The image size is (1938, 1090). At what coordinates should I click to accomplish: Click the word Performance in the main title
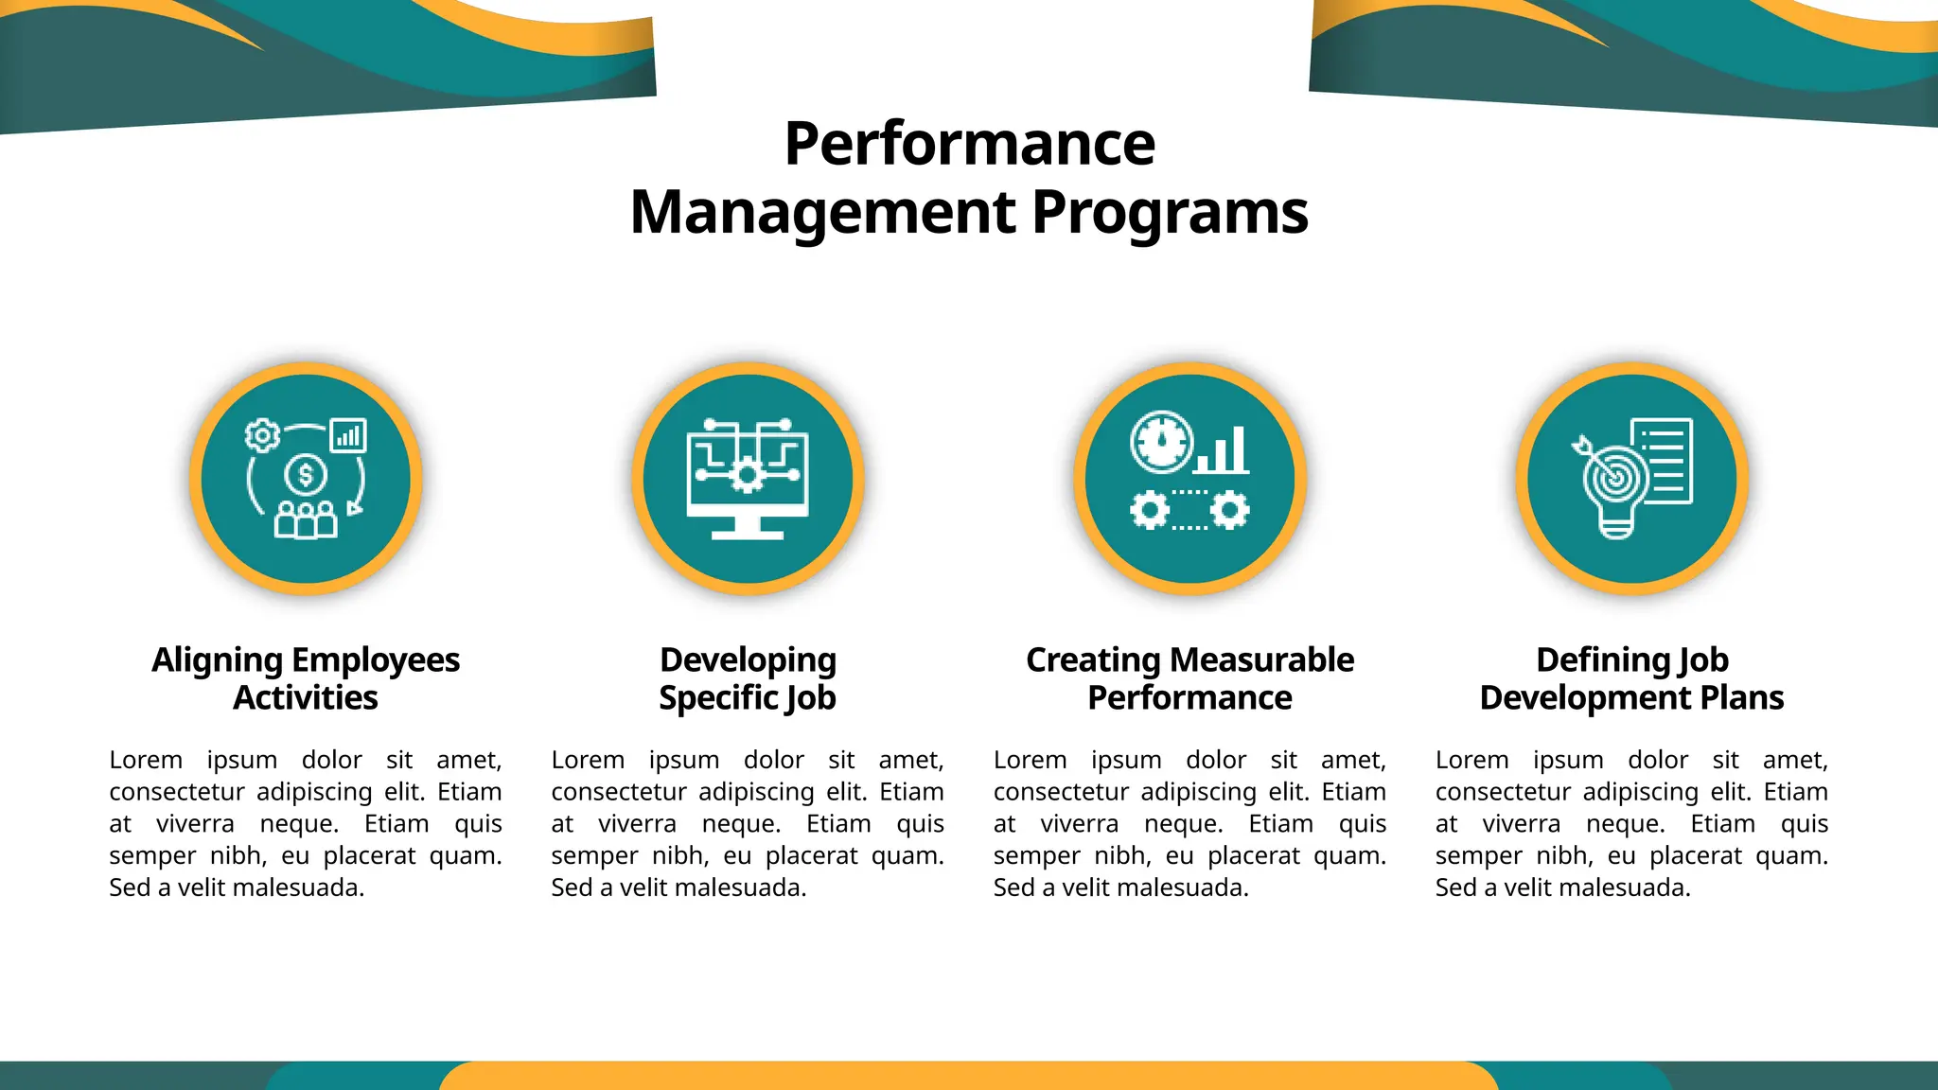969,144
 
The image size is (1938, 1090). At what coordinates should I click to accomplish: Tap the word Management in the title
823,212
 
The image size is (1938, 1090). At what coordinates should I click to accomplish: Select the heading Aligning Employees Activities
306,678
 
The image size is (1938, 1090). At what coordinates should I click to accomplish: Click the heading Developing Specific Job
748,678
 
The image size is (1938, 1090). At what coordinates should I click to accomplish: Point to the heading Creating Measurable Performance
1189,678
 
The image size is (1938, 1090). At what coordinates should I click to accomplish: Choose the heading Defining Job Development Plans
1631,678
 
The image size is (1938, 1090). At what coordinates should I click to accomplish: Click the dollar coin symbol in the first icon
305,475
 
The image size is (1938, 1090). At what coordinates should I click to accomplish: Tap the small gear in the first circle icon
262,435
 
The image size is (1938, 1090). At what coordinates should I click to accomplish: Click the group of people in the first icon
305,519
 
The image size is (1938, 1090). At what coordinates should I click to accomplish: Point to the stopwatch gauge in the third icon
1161,442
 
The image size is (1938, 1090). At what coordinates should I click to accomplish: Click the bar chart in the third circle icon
1223,451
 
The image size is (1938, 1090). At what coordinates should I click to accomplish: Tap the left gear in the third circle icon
1150,511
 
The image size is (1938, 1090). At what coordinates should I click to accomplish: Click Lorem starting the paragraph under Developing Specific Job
588,760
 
